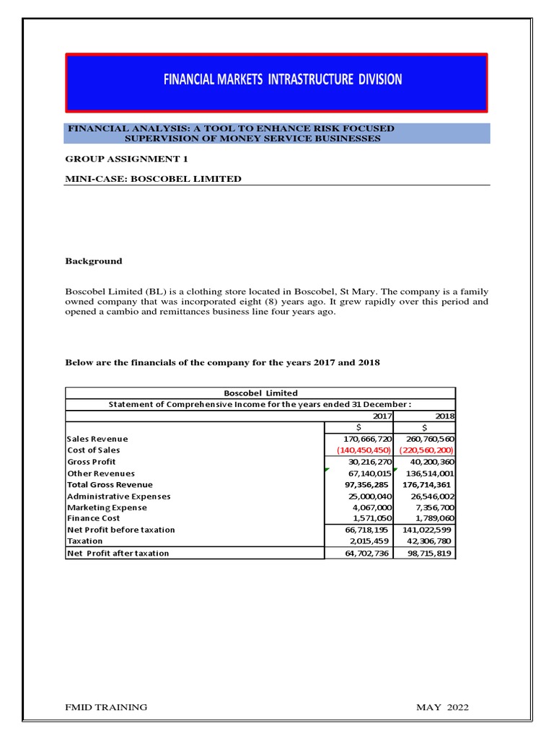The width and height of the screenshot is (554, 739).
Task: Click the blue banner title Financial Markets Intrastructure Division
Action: [x=282, y=79]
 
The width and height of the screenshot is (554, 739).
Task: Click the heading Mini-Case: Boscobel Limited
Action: [x=153, y=179]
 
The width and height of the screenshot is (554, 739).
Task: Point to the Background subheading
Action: [x=94, y=261]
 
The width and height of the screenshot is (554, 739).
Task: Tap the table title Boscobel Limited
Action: [x=260, y=393]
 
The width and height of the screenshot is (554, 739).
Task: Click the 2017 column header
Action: [x=382, y=416]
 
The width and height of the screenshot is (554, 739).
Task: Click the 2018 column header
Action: [x=444, y=416]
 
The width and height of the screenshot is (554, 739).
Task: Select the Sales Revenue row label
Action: [x=97, y=439]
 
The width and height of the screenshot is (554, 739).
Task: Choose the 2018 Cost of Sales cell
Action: [x=425, y=450]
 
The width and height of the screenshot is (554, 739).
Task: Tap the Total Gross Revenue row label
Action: [x=110, y=485]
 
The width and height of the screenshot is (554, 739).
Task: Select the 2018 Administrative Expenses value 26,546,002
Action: [x=428, y=497]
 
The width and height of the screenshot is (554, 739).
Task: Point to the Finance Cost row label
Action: [x=94, y=518]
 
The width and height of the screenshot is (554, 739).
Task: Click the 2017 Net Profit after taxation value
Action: [x=365, y=553]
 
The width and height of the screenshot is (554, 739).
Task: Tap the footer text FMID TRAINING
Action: [x=106, y=707]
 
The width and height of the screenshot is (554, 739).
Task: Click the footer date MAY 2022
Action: [x=442, y=707]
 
